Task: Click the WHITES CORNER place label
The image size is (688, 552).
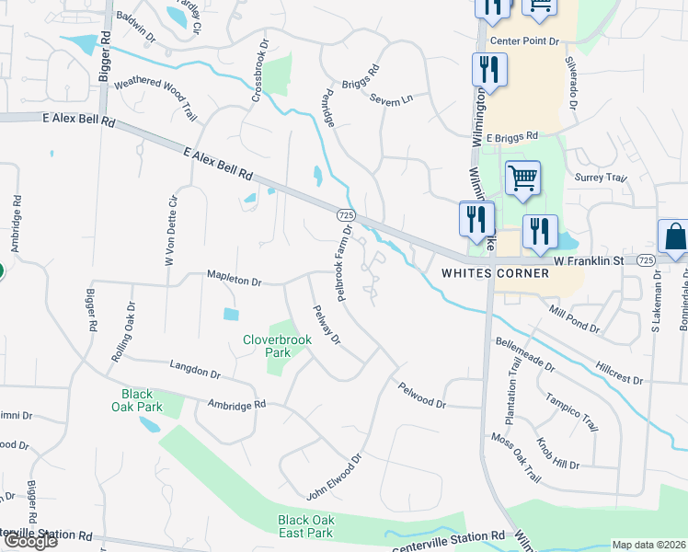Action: point(494,273)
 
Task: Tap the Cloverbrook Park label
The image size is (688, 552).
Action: point(277,347)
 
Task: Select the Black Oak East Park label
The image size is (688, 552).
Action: point(305,526)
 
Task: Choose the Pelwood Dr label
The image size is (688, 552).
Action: point(421,397)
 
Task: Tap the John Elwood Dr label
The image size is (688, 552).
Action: point(336,477)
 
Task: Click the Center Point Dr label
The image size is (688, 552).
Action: point(524,41)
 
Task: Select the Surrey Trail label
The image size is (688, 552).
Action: point(600,178)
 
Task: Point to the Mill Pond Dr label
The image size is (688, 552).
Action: point(575,320)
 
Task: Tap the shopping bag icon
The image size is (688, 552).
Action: point(674,236)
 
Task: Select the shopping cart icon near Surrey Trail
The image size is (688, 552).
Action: point(522,178)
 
